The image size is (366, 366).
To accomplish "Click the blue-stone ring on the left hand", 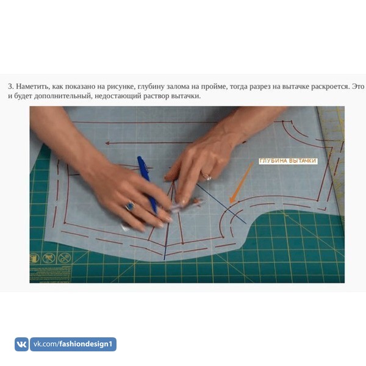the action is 130,206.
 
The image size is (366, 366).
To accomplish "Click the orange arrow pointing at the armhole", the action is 242,182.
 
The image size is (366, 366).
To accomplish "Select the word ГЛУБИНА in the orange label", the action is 273,161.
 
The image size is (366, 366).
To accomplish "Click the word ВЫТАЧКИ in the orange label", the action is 303,161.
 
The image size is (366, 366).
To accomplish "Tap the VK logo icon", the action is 21,344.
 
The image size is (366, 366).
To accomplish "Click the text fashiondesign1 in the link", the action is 85,344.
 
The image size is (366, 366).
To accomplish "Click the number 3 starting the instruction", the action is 10,87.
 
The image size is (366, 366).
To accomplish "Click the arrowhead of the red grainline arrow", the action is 107,143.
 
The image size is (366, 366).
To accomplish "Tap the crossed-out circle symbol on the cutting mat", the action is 64,258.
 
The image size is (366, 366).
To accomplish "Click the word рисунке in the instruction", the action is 120,87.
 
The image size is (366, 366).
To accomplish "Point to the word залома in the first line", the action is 178,87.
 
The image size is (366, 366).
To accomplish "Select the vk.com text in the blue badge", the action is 46,344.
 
